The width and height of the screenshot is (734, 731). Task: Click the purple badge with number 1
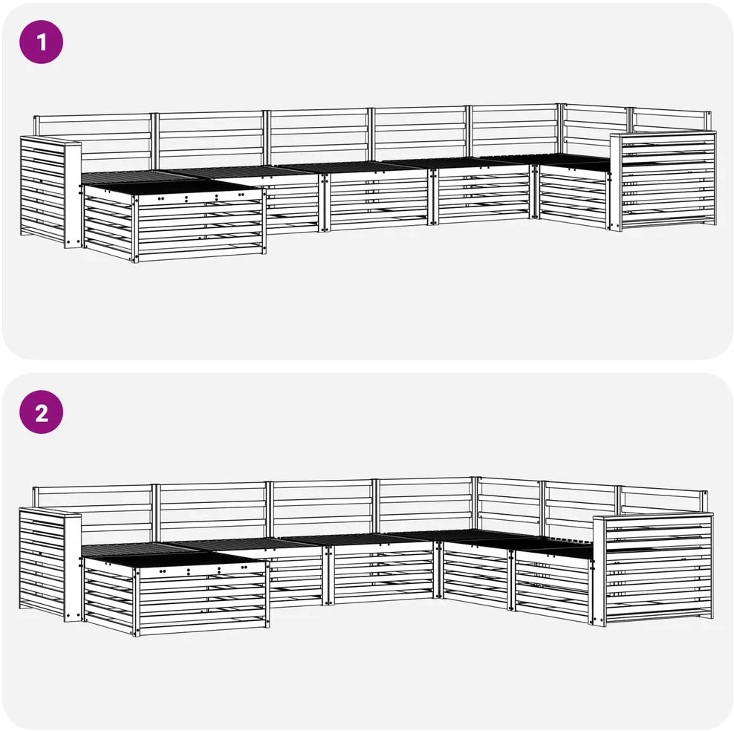(x=41, y=42)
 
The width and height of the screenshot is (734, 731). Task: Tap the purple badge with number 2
(x=41, y=412)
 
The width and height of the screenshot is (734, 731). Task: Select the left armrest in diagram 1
(x=51, y=192)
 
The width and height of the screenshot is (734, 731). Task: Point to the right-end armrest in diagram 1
(x=663, y=181)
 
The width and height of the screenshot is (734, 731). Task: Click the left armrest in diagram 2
(x=51, y=565)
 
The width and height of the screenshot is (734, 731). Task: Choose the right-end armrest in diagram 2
(x=653, y=569)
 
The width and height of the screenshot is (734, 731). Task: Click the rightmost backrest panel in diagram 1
(x=670, y=120)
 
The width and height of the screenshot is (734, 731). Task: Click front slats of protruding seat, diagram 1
(x=201, y=227)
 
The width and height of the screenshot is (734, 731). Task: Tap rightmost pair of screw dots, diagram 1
(x=241, y=194)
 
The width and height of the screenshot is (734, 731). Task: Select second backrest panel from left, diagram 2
(x=212, y=512)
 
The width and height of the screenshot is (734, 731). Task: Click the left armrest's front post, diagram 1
(x=73, y=194)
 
